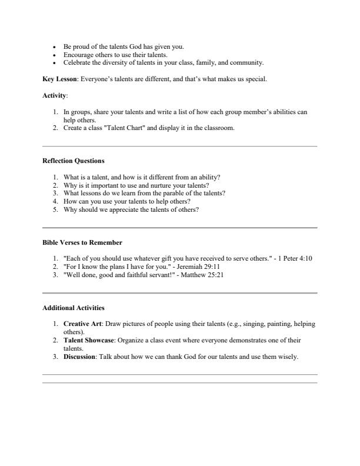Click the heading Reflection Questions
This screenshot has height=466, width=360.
click(74, 160)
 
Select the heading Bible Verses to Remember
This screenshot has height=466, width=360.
click(82, 242)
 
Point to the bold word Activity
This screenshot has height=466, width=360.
click(55, 95)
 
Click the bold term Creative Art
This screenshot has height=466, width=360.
click(83, 324)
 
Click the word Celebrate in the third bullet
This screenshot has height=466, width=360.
click(76, 62)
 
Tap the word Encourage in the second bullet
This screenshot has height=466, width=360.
click(78, 54)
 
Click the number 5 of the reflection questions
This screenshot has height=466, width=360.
click(55, 209)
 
